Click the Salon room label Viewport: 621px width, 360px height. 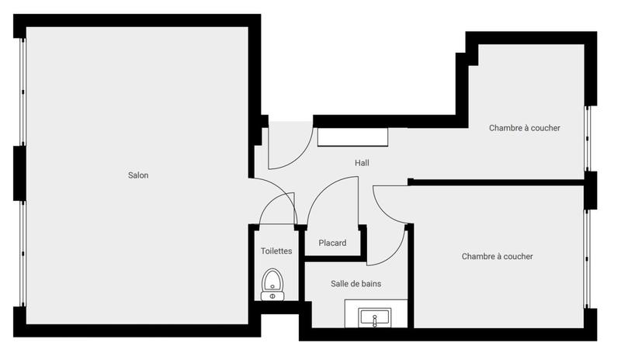coord(138,175)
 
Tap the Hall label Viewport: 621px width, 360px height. coord(362,163)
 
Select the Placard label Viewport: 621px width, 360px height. coord(332,244)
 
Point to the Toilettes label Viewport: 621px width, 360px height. coord(276,251)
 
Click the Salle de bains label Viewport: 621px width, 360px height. coord(356,284)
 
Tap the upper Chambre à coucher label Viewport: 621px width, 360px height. coord(524,128)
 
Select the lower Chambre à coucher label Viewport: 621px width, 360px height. coord(497,257)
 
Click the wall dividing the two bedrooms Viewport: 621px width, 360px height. coord(497,182)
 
